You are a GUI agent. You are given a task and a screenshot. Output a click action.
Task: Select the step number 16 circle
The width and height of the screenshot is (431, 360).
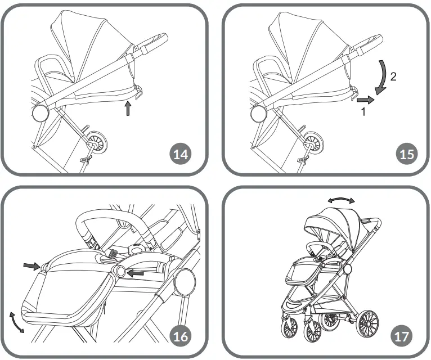(x=181, y=336)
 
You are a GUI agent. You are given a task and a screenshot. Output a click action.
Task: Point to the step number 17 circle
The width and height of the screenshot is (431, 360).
(x=402, y=336)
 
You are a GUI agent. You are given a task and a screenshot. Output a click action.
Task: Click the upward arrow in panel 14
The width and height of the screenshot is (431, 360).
(x=129, y=109)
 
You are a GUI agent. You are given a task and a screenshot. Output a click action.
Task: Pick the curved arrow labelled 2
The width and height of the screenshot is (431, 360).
(x=381, y=77)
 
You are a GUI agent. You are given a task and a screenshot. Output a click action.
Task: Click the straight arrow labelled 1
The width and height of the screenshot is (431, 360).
(x=364, y=100)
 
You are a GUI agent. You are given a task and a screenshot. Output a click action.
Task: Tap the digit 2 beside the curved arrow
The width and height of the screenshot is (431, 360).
(x=393, y=78)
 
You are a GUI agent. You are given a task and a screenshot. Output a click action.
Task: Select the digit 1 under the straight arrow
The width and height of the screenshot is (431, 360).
(x=363, y=112)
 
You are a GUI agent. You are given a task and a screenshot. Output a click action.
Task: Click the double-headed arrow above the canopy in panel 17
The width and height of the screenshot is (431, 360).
(x=342, y=200)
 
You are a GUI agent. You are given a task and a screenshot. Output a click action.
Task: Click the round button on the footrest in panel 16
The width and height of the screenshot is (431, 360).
(x=119, y=272)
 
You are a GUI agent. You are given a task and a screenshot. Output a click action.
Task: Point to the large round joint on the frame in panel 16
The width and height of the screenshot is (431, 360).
(x=183, y=281)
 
